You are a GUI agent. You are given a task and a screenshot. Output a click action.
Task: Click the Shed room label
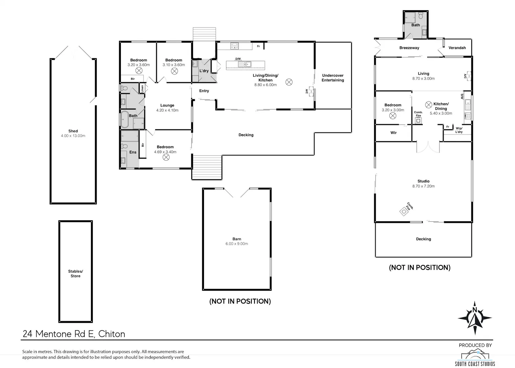click(73, 131)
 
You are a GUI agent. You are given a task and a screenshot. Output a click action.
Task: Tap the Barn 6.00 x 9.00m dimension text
click(237, 244)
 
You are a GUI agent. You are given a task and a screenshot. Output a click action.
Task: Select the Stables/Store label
click(76, 274)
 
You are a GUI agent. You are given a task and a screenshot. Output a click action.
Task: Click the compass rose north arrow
click(475, 318)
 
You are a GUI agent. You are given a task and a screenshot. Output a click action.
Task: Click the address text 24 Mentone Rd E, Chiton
click(74, 334)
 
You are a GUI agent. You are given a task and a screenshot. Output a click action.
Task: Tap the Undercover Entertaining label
click(333, 78)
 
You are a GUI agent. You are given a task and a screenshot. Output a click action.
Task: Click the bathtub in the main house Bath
click(125, 119)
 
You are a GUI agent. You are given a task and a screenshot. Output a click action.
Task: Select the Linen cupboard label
click(142, 89)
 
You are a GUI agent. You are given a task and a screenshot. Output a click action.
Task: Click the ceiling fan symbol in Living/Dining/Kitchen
click(289, 82)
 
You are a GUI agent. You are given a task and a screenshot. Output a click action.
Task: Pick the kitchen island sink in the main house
click(244, 64)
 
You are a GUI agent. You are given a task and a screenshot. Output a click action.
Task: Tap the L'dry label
click(204, 71)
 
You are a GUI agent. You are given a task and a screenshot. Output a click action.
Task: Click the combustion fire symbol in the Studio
click(404, 211)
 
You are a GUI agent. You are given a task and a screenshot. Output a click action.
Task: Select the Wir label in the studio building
click(393, 133)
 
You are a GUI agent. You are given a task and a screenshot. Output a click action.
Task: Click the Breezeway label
click(409, 48)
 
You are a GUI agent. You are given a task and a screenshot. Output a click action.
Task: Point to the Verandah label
click(457, 48)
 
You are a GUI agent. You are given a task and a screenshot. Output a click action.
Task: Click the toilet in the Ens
click(124, 146)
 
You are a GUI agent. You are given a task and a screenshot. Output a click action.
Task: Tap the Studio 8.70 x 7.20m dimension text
click(423, 186)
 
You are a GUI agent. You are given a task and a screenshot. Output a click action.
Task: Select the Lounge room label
click(167, 105)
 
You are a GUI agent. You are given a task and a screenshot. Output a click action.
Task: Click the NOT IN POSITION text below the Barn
click(240, 301)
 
